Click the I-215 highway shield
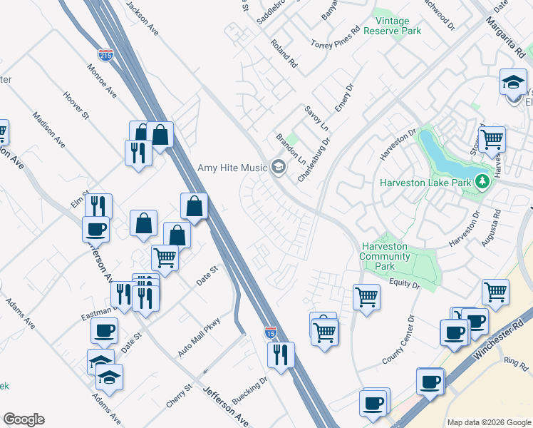coord(105,55)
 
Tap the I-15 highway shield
coord(270,332)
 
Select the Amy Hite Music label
coord(232,168)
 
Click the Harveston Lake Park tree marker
coord(482,181)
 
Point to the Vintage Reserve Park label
coord(392,26)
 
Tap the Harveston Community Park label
coord(384,256)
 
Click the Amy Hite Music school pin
coord(278,168)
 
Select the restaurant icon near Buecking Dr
coord(281,354)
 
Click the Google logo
coord(24,419)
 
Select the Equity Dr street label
coord(405,285)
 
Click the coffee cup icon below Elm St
coord(95,229)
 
